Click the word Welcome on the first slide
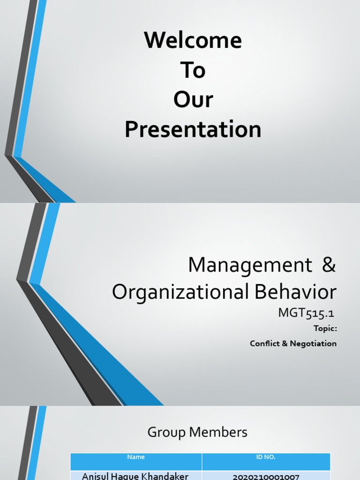click(x=193, y=40)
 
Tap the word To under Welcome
click(x=193, y=70)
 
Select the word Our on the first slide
click(x=193, y=100)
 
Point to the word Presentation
click(x=193, y=130)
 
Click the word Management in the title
click(x=250, y=266)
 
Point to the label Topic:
click(x=325, y=329)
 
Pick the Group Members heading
click(x=197, y=432)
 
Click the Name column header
click(x=136, y=457)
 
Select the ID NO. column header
click(x=266, y=457)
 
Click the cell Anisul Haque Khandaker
click(x=135, y=476)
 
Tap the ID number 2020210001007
click(x=266, y=476)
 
